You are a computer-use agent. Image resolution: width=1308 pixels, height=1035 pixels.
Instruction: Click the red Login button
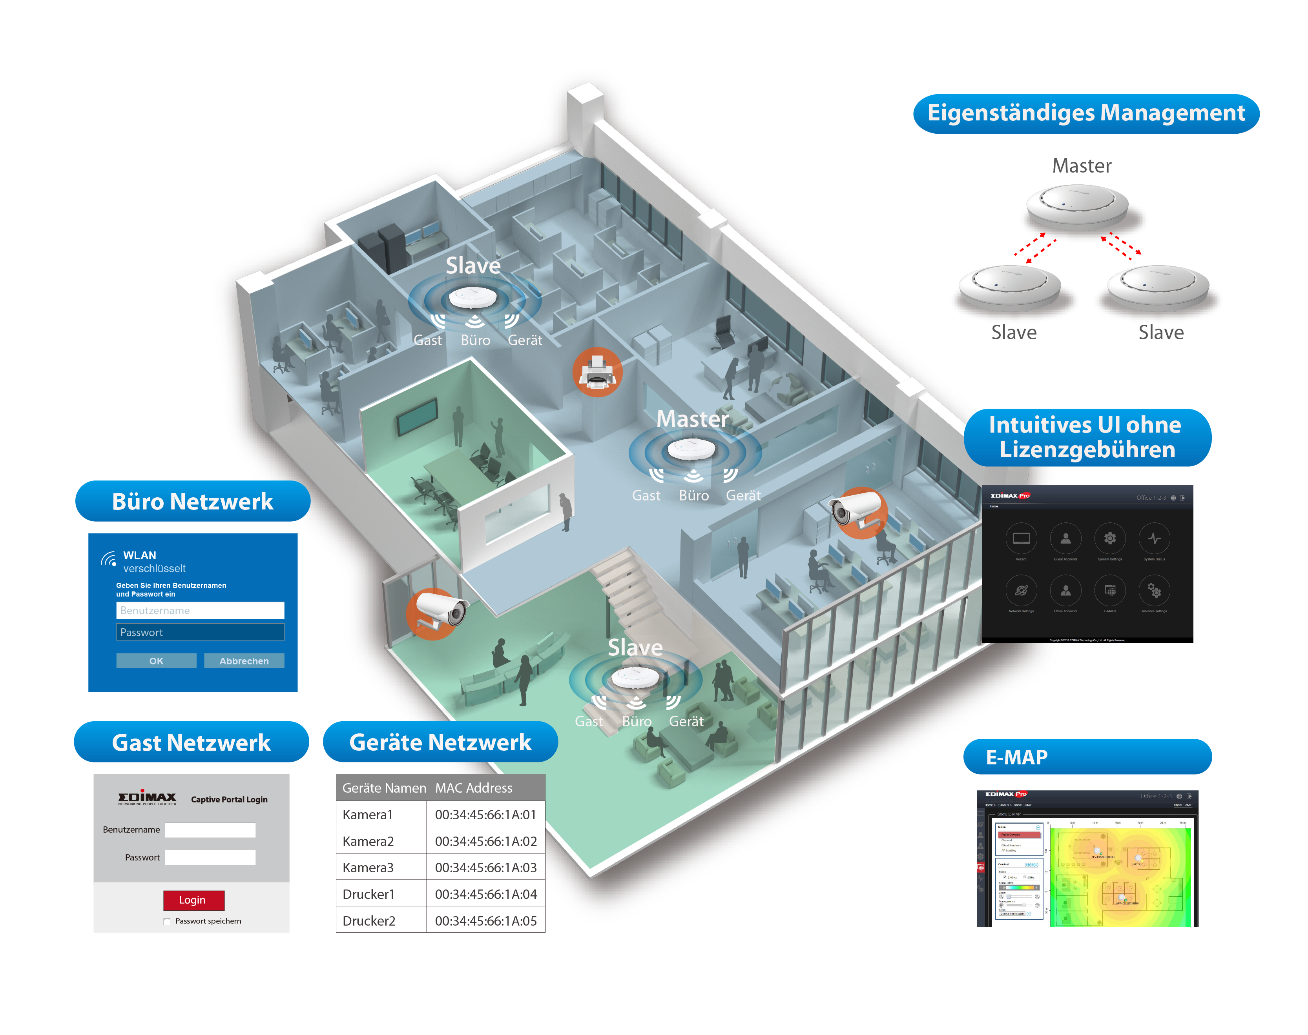click(193, 900)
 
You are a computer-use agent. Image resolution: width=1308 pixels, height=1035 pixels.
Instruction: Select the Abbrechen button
click(244, 660)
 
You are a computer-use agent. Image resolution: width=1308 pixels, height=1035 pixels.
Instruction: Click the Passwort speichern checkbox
click(167, 922)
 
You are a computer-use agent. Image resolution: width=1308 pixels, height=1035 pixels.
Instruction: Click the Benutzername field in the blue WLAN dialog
click(200, 610)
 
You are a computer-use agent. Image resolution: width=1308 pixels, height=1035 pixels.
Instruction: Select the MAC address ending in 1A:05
click(486, 920)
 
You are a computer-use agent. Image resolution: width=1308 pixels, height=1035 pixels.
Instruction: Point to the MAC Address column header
click(474, 788)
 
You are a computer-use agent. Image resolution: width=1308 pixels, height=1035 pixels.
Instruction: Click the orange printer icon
click(597, 372)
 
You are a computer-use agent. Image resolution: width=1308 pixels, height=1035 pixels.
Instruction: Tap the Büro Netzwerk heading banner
click(192, 501)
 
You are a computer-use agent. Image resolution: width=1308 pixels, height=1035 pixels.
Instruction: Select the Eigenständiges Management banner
click(1085, 113)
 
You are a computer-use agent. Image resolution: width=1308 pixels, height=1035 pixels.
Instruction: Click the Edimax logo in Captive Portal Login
click(147, 798)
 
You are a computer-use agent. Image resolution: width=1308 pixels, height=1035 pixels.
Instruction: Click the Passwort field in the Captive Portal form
click(210, 857)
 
